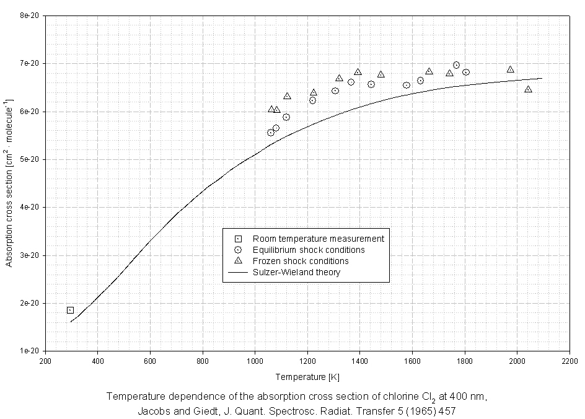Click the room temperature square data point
click(70, 310)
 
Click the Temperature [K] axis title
click(307, 376)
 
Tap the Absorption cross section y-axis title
click(9, 183)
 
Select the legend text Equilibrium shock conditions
click(309, 250)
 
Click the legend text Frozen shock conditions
click(301, 261)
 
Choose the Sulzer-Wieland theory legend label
click(296, 272)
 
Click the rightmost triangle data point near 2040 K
click(528, 89)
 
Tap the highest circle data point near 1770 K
click(456, 65)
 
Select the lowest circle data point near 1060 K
click(271, 132)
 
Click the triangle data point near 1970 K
click(510, 69)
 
